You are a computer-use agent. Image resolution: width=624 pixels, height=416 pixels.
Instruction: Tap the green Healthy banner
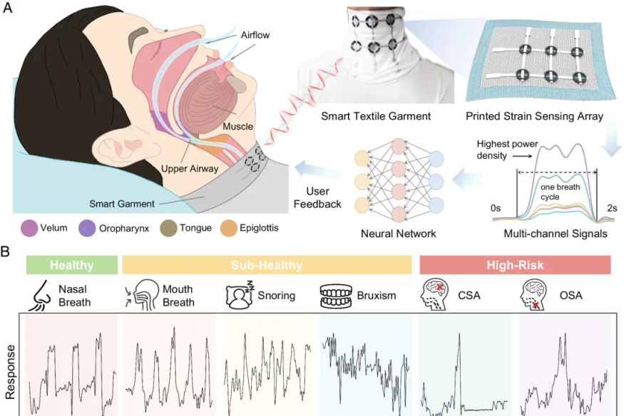[x=71, y=265]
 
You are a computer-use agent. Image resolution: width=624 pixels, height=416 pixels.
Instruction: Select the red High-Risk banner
[x=516, y=265]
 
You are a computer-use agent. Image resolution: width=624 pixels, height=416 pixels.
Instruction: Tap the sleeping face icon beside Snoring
[x=239, y=295]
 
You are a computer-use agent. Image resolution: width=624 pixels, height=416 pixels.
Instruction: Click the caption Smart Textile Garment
[x=365, y=116]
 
